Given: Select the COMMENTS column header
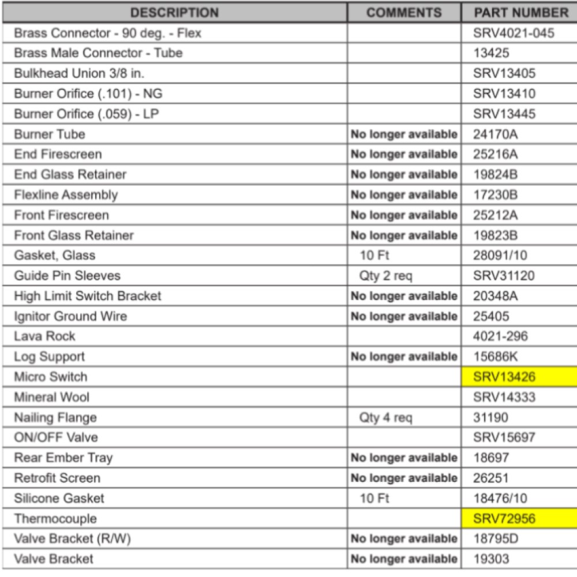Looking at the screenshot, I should tap(404, 12).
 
